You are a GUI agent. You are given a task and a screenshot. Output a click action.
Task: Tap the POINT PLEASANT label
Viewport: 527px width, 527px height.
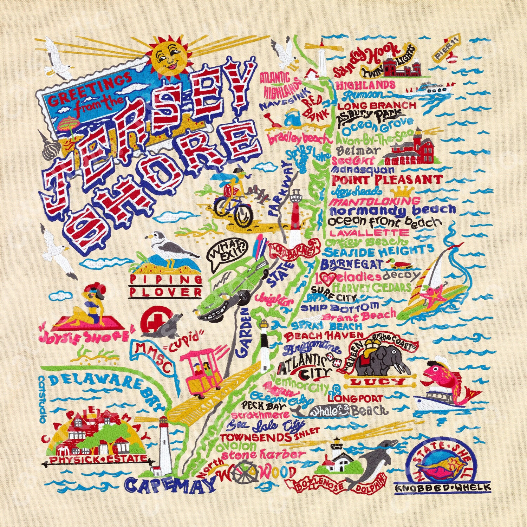click(386, 180)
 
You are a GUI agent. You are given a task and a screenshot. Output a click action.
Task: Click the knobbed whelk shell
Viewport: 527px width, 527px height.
click(443, 466)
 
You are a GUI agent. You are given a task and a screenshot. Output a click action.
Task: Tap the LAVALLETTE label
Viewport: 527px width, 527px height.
click(369, 233)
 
